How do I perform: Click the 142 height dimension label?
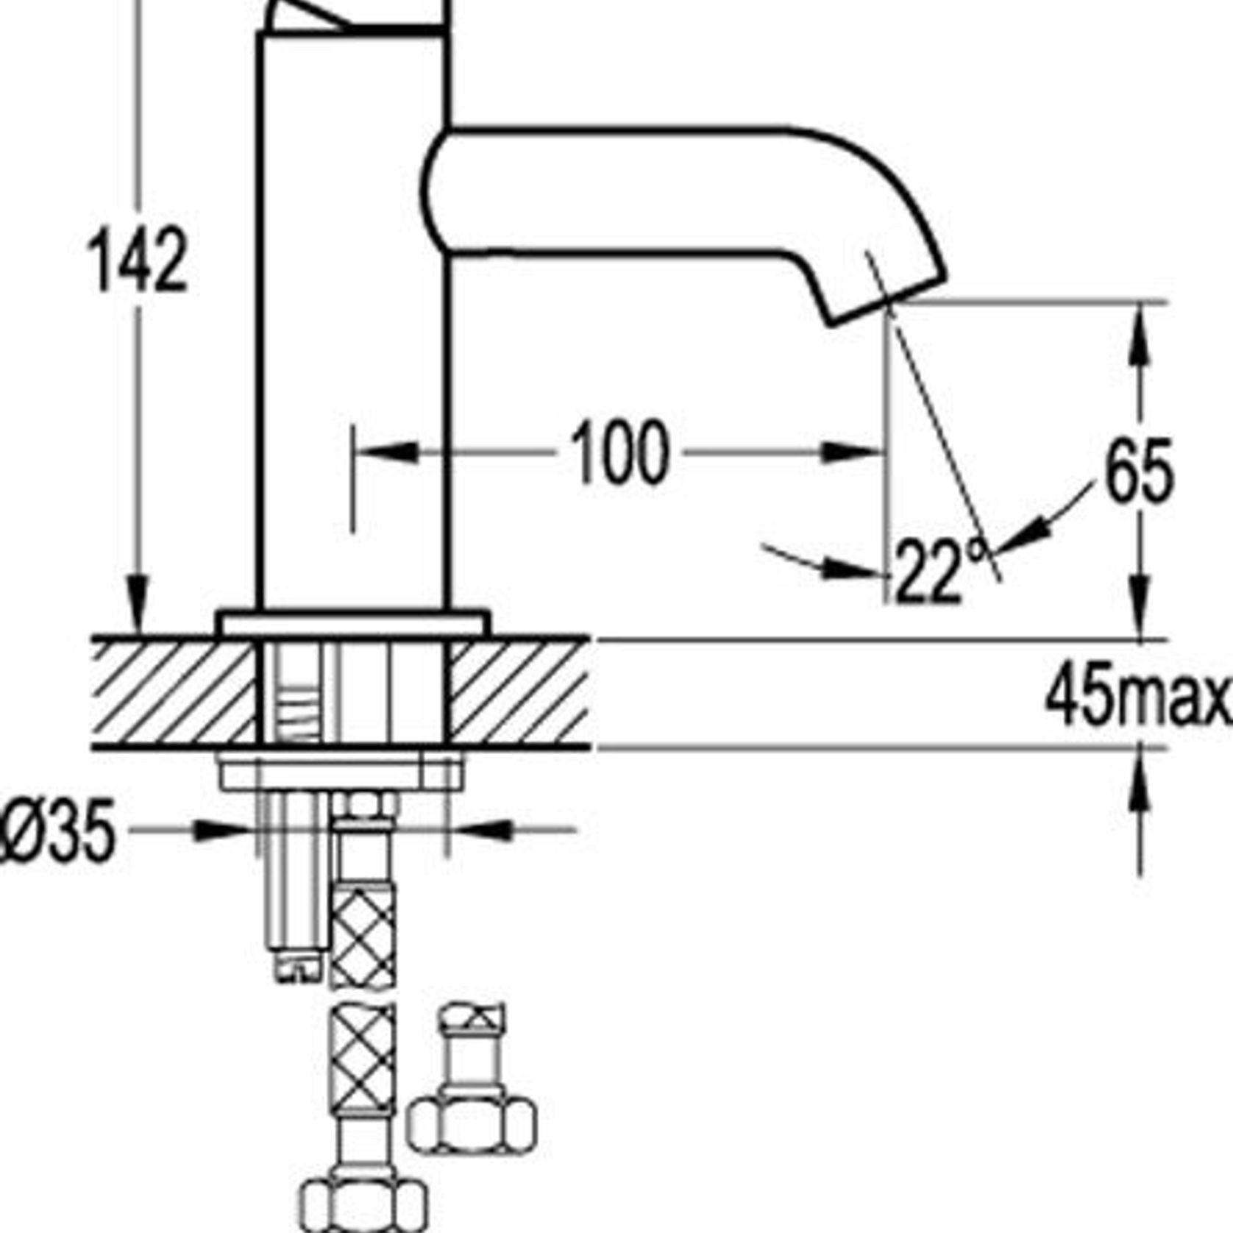coord(138,259)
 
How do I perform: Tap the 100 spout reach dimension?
coord(619,453)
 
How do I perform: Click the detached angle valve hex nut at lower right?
coord(471,1124)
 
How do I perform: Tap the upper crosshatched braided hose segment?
coord(363,934)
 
